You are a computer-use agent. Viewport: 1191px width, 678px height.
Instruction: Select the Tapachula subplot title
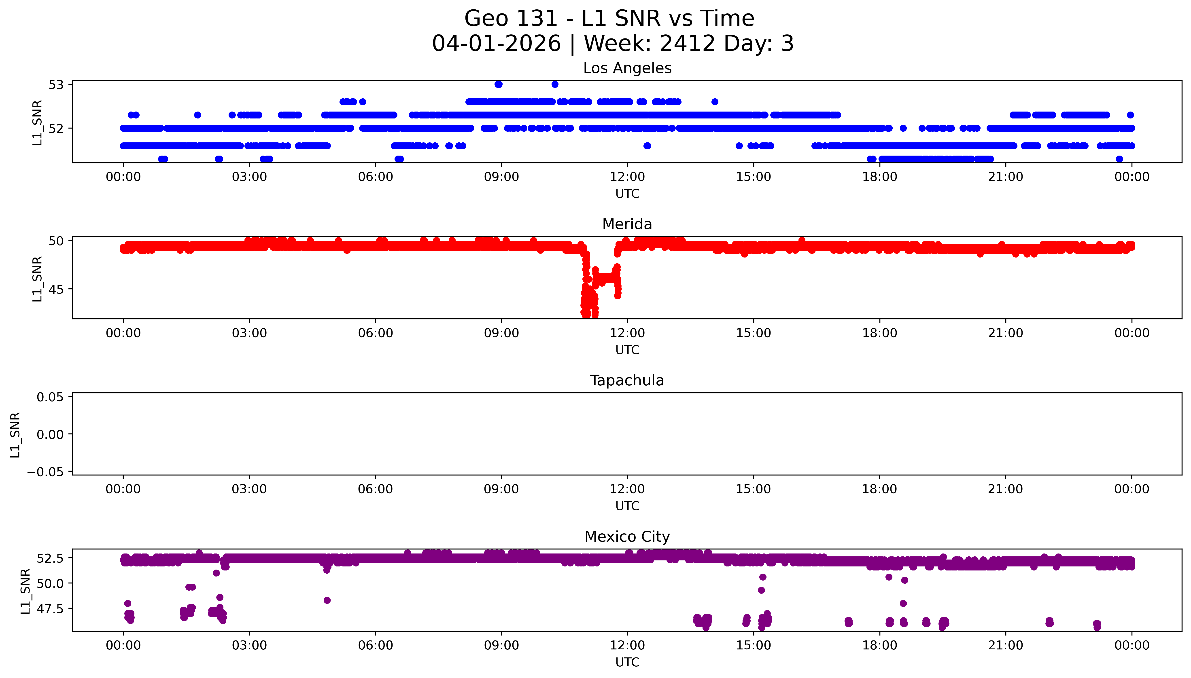coord(627,380)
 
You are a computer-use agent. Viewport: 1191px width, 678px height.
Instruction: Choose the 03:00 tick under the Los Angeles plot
coord(249,177)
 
